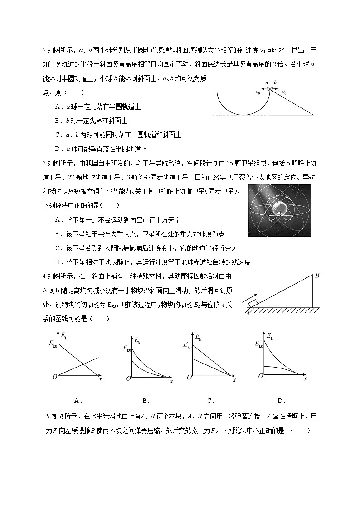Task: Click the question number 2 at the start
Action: pos(44,50)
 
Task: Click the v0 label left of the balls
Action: pos(258,92)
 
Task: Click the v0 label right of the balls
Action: pos(284,92)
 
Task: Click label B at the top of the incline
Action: pos(317,275)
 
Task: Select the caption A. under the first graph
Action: pos(77,400)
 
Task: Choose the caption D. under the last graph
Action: pos(281,400)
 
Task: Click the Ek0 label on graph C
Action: pos(187,345)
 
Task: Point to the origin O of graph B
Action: pos(129,378)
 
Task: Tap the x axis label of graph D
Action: pos(305,378)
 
